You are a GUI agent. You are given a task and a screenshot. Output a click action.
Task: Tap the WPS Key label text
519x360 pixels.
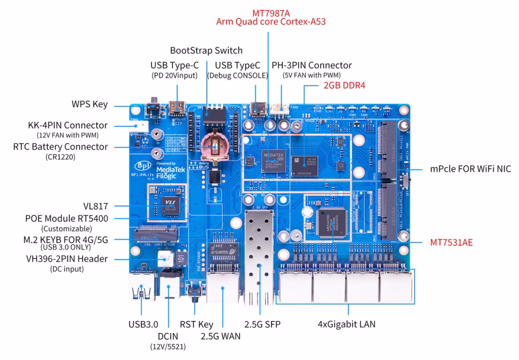(x=89, y=105)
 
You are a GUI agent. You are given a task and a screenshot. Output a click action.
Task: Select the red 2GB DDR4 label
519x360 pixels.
(x=345, y=86)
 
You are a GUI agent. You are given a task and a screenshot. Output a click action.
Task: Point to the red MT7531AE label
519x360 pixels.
(x=451, y=242)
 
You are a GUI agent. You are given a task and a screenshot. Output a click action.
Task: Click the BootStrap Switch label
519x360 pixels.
(x=206, y=51)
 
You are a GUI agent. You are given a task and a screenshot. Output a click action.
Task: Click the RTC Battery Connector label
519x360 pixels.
(x=61, y=147)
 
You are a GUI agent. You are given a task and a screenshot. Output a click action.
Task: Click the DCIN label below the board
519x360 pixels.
(x=168, y=336)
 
